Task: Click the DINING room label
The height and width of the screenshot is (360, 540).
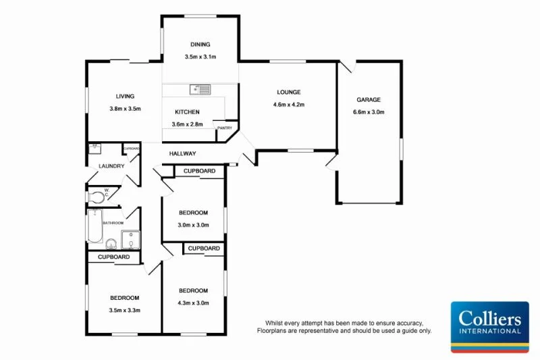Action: click(x=200, y=45)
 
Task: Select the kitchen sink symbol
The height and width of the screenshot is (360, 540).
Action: click(x=200, y=88)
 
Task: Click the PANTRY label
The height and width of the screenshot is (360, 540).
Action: click(x=223, y=128)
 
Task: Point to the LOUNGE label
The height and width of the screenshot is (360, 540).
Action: click(x=288, y=93)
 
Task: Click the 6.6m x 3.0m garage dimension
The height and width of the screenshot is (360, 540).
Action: click(x=369, y=112)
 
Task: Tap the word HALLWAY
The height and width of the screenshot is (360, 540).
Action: click(x=182, y=154)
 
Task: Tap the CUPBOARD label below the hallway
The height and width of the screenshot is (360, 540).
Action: click(x=199, y=172)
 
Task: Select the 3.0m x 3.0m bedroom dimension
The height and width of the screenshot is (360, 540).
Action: click(x=193, y=225)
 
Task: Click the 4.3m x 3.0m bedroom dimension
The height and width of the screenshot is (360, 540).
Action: click(x=193, y=303)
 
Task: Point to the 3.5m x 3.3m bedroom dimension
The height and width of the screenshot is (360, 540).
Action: click(x=125, y=310)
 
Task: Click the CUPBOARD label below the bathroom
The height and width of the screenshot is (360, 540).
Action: click(x=113, y=257)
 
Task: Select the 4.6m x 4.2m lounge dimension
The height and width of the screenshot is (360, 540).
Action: click(x=288, y=105)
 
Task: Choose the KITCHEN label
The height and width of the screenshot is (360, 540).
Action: click(x=187, y=112)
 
